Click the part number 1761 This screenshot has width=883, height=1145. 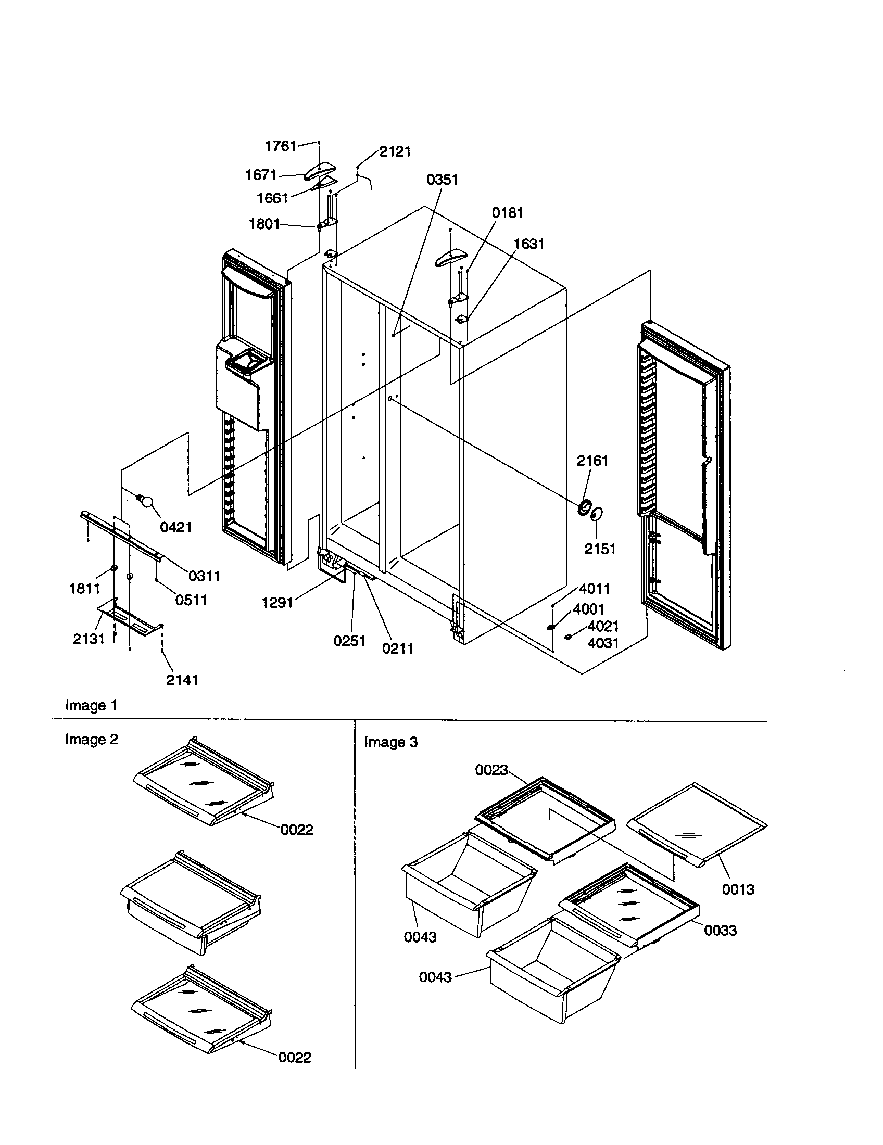(x=281, y=146)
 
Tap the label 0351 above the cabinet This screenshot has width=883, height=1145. (x=442, y=180)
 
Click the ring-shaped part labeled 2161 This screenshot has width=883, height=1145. (x=584, y=507)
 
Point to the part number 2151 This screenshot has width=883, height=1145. (x=600, y=549)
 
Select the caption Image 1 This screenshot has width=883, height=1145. (x=91, y=706)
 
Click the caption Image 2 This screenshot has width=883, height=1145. (x=91, y=740)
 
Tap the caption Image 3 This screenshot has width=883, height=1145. (x=390, y=742)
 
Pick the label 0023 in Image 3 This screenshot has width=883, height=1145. (x=491, y=770)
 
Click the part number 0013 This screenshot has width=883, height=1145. (x=738, y=889)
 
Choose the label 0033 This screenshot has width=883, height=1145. (x=720, y=931)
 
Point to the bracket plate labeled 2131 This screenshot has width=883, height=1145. (x=128, y=619)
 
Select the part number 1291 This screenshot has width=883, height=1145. (x=277, y=603)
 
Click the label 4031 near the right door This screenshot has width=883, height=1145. (x=603, y=643)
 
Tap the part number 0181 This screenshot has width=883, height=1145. (x=507, y=213)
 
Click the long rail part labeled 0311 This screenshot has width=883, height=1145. (x=121, y=533)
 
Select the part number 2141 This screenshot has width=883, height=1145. (x=182, y=680)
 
